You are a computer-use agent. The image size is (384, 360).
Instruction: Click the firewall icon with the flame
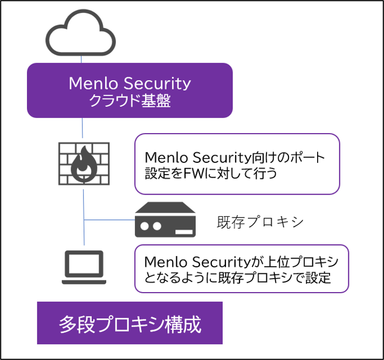point(84,164)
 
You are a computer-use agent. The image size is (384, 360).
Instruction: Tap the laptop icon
point(84,267)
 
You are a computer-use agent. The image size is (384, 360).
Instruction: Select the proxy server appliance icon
point(166,219)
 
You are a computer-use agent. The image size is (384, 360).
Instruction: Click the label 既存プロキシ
point(260,222)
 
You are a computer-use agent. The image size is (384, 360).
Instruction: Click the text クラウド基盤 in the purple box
point(130,100)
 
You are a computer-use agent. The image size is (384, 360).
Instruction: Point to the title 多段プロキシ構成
point(130,324)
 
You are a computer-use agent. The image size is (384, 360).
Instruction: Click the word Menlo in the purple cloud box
point(93,83)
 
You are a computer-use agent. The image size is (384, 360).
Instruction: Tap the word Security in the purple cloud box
point(157,84)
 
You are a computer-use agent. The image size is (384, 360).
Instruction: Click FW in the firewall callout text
point(193,174)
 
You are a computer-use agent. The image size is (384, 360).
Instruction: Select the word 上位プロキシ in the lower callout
point(301,262)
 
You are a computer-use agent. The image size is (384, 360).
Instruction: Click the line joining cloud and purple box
point(81,59)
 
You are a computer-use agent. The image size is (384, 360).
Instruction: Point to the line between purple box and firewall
point(83,128)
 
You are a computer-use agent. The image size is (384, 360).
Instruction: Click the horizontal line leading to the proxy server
point(109,220)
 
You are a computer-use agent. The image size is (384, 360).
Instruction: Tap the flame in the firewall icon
point(84,164)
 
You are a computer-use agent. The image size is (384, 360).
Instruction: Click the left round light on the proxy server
point(145,226)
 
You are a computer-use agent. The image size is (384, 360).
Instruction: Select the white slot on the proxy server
point(184,232)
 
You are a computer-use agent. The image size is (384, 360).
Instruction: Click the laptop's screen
point(84,264)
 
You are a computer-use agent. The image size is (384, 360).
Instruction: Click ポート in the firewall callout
point(307,157)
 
